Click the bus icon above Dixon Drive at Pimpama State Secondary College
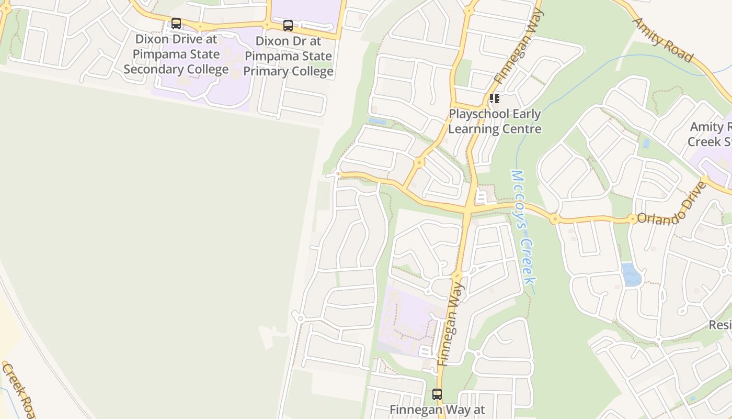176,24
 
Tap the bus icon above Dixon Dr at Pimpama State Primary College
288,26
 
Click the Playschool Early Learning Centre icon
494,98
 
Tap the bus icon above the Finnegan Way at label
437,394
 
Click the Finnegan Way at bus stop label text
438,410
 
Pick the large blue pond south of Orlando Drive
631,274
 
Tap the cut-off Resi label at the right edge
720,325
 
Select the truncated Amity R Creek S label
710,134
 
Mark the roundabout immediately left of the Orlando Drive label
633,218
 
